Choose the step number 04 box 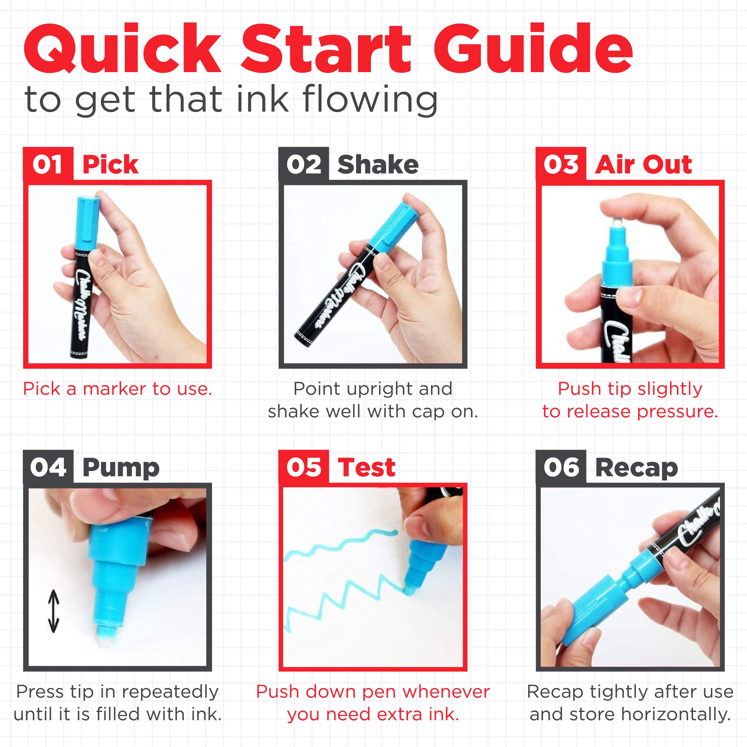(x=48, y=467)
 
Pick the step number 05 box (x=303, y=467)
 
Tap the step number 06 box (x=561, y=467)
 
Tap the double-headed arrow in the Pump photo (x=53, y=611)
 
